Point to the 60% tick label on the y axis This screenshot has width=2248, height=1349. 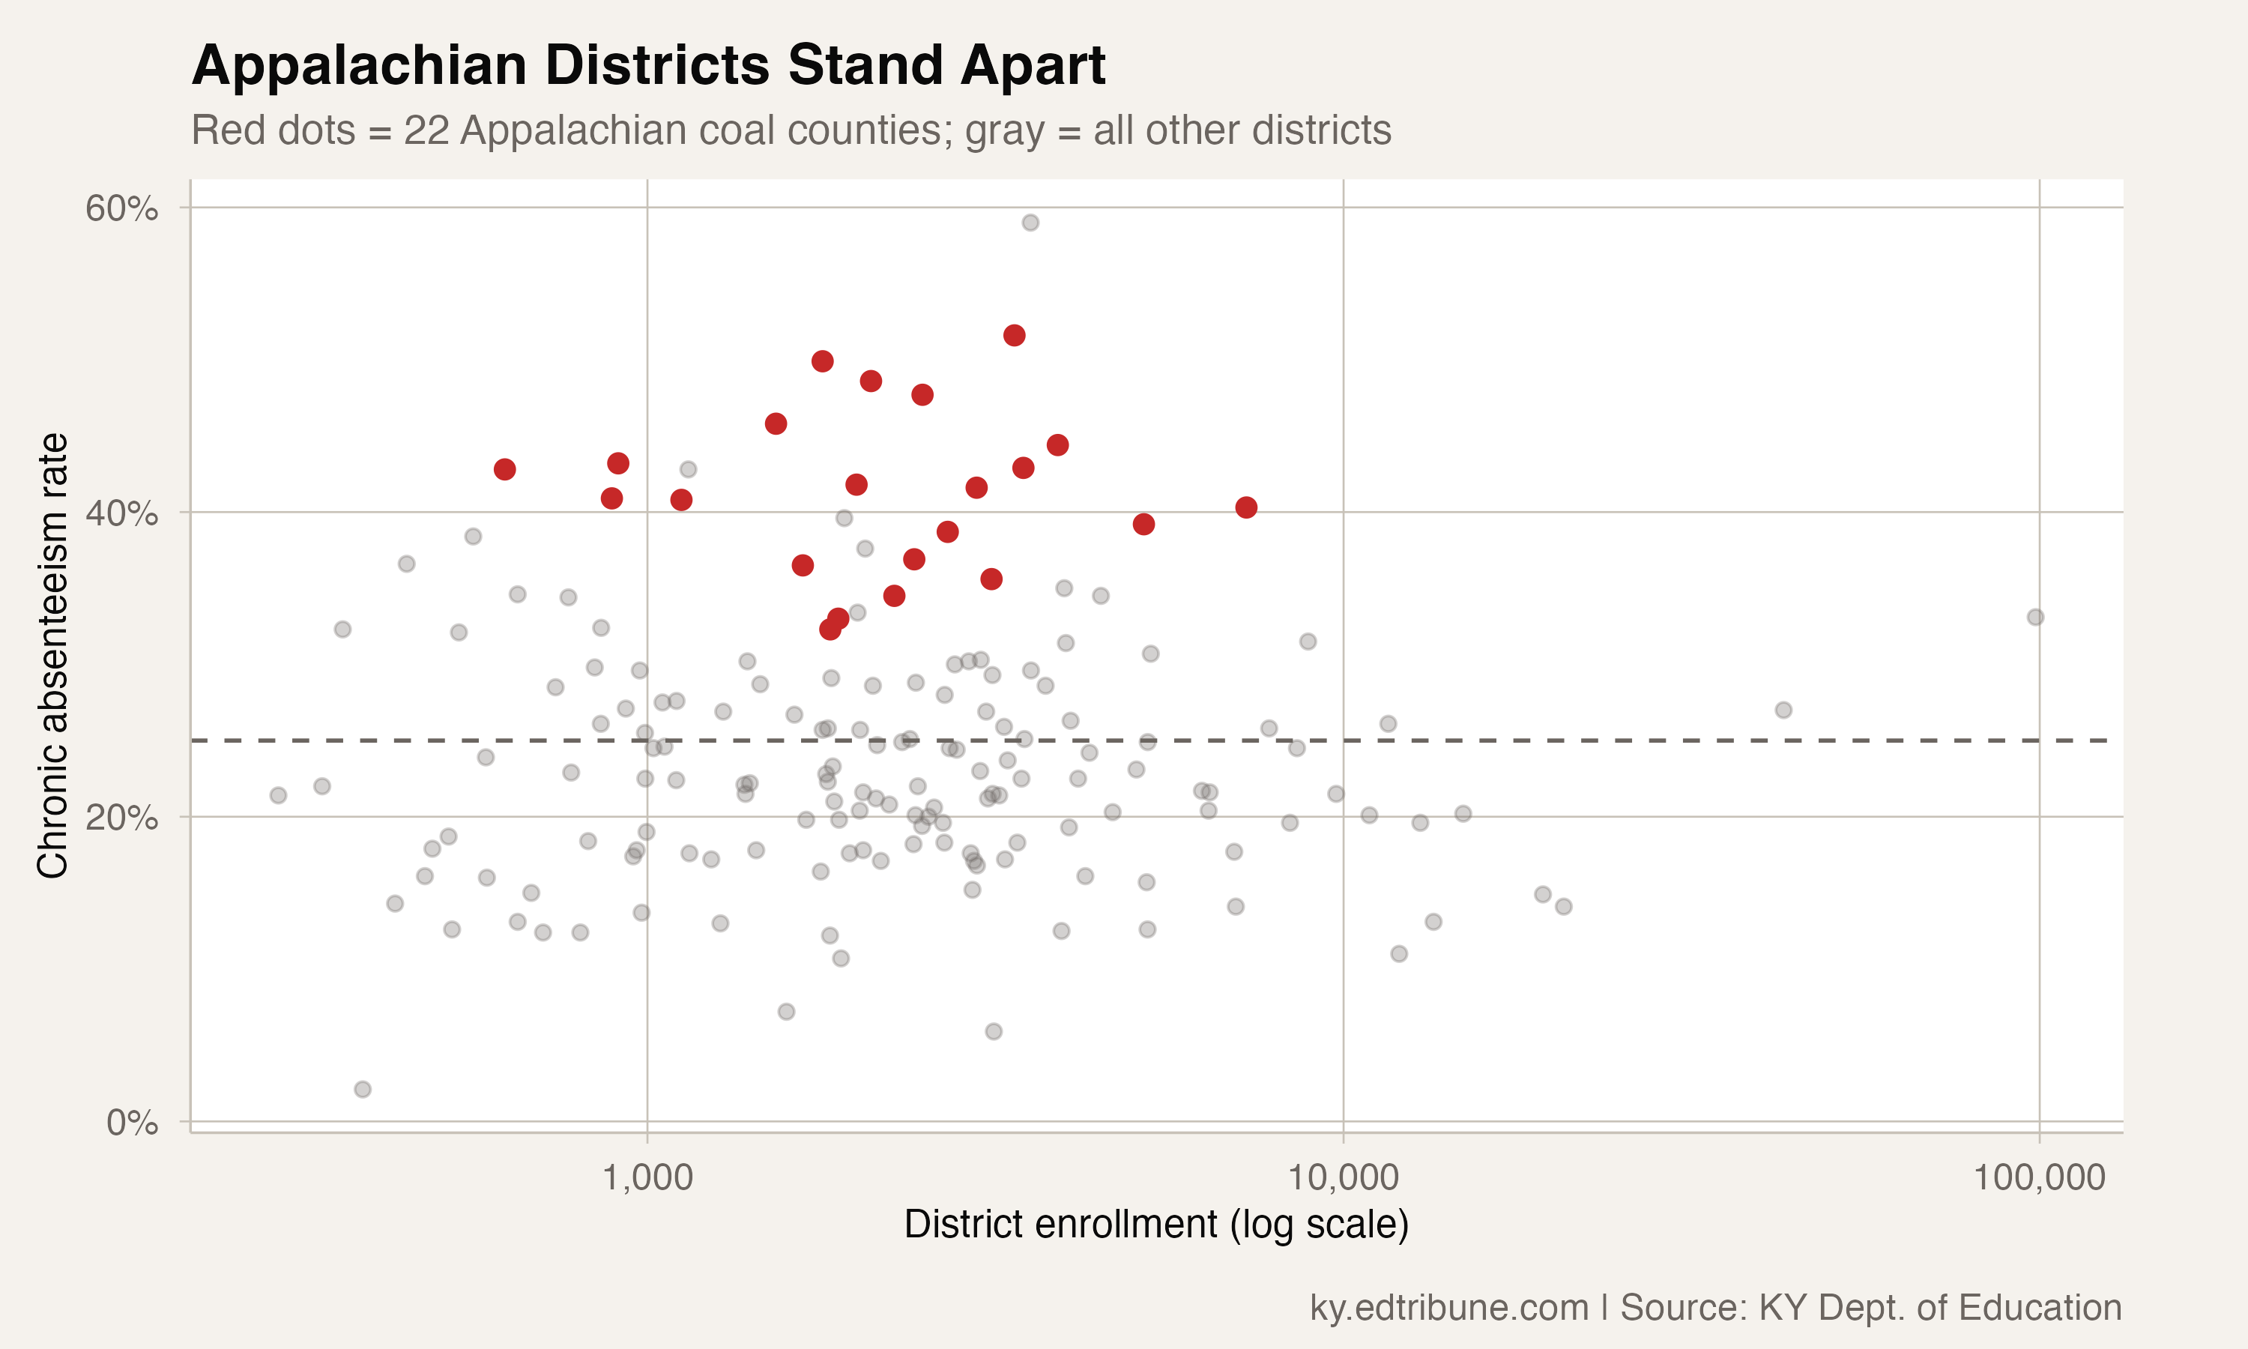(121, 208)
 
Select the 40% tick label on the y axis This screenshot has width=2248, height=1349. (121, 513)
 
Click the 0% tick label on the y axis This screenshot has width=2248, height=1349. (133, 1123)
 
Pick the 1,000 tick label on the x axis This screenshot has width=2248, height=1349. (647, 1177)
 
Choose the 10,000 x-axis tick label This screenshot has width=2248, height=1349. (1343, 1177)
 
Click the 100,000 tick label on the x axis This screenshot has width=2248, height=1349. (2039, 1177)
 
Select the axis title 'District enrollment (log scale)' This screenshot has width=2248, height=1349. (1155, 1225)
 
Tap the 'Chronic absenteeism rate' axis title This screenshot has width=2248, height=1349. (52, 656)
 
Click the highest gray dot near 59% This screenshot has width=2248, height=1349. (1030, 223)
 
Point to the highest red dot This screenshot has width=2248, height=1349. (1014, 336)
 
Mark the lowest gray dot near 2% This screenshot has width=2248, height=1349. (363, 1089)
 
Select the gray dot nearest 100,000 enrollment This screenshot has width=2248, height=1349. (2035, 618)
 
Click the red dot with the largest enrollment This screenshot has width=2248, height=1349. (1245, 507)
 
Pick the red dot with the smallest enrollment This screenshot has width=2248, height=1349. (504, 469)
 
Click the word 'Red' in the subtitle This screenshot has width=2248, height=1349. (223, 131)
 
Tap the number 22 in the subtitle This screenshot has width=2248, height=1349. (426, 131)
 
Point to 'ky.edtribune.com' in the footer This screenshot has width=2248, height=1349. (1448, 1307)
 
